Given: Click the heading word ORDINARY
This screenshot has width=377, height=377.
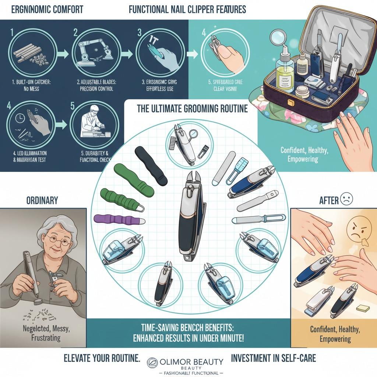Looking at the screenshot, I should coord(42,201).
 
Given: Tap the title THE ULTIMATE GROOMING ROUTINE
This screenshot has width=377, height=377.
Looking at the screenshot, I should coord(192,109).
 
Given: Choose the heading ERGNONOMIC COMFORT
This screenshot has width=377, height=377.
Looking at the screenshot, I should coord(47,9).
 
